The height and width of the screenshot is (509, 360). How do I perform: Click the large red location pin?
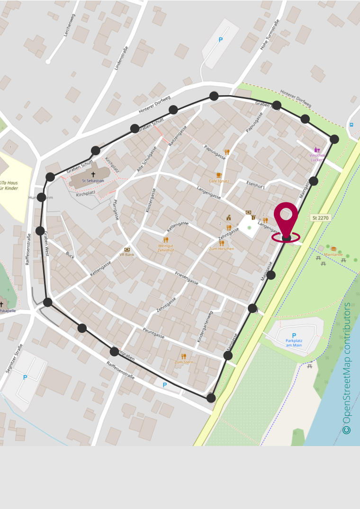(286, 218)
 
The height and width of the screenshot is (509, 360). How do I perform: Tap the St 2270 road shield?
(320, 218)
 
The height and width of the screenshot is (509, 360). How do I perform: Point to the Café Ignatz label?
(219, 181)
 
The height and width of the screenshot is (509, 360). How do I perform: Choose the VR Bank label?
(127, 254)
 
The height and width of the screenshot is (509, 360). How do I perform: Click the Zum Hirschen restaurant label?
(222, 249)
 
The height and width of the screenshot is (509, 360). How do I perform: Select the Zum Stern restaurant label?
(184, 362)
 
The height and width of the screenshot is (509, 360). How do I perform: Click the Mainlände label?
(333, 254)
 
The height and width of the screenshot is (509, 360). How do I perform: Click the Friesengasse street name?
(187, 278)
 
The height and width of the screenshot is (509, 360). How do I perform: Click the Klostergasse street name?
(150, 200)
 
